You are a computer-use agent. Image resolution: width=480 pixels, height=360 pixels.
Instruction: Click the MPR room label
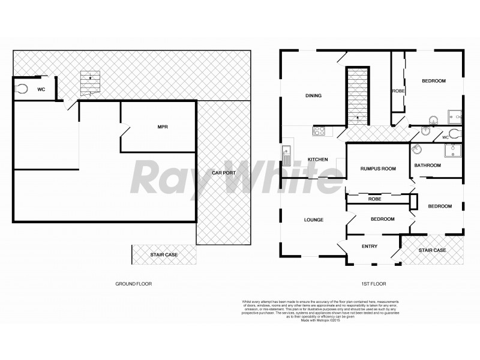(x=162, y=127)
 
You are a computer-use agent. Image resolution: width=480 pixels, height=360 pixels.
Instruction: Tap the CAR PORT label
(x=223, y=173)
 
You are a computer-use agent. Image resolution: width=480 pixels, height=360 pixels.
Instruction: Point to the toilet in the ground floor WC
(x=22, y=89)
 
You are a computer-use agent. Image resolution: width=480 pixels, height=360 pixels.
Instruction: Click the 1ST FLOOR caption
(x=372, y=283)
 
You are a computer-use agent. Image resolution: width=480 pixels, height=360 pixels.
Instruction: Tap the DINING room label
(x=314, y=95)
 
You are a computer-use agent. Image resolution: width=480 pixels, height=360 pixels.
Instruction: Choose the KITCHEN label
(x=317, y=159)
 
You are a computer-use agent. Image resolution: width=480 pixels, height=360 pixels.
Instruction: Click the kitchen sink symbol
(x=286, y=154)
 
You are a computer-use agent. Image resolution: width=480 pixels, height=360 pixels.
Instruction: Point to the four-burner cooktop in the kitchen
(x=318, y=130)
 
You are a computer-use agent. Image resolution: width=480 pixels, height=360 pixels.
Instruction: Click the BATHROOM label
(x=428, y=165)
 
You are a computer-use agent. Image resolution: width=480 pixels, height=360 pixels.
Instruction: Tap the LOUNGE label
(x=313, y=220)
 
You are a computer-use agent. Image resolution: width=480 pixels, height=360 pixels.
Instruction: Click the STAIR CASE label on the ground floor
(x=164, y=255)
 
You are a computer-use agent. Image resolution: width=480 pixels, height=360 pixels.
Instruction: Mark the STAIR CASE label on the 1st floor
(x=432, y=250)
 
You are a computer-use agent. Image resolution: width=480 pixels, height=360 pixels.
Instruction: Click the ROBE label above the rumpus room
(x=398, y=91)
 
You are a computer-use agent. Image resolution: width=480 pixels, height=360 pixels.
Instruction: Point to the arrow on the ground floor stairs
(x=90, y=77)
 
